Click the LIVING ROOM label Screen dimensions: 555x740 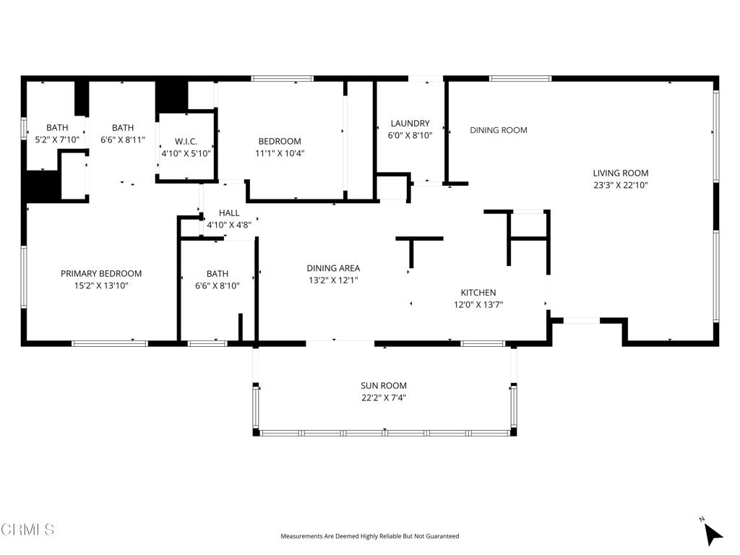click(620, 173)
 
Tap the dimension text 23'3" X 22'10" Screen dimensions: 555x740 click(620, 185)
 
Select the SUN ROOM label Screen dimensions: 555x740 click(384, 386)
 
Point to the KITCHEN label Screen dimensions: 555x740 click(478, 293)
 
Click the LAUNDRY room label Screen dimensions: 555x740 click(410, 124)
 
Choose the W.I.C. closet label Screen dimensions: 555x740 click(186, 142)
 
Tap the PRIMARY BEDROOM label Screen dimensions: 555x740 click(101, 274)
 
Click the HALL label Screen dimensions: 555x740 click(229, 213)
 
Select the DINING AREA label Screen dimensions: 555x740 click(333, 268)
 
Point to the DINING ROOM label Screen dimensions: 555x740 click(498, 130)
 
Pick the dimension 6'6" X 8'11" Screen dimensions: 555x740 click(123, 139)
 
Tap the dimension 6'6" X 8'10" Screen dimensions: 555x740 click(218, 285)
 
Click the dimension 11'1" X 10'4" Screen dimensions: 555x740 click(280, 153)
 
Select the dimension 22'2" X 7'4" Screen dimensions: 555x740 click(384, 397)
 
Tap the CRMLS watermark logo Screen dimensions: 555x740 click(27, 530)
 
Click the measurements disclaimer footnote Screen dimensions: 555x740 click(369, 536)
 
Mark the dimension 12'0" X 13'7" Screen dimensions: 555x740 click(478, 304)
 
